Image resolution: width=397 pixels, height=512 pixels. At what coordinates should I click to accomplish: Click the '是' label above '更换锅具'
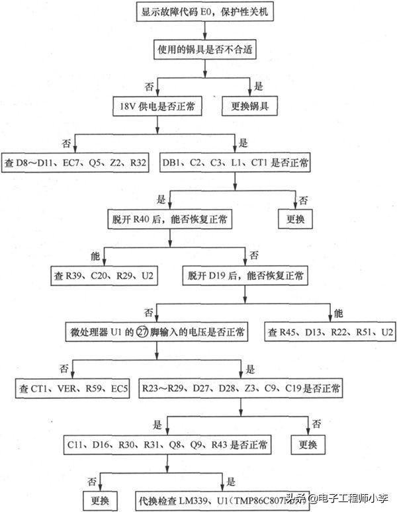tap(259, 87)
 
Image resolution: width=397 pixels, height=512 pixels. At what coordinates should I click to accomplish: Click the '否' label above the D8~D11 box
tap(66, 143)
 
